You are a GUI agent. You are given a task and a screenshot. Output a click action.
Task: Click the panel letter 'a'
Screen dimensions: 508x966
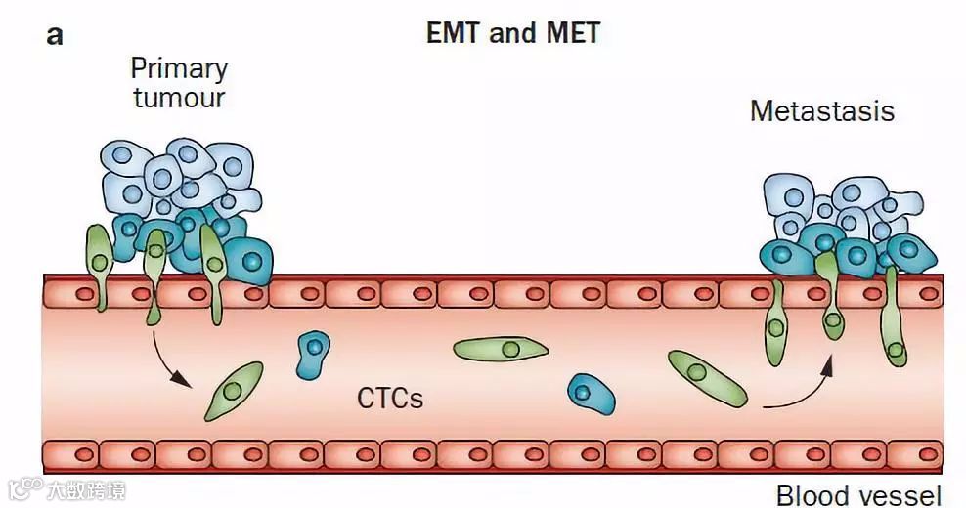55,36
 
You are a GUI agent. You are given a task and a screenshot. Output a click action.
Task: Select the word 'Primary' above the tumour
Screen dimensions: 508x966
179,69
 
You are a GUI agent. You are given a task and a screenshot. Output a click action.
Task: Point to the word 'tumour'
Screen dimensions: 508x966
179,98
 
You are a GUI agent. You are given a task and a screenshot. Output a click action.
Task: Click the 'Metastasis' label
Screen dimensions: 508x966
821,111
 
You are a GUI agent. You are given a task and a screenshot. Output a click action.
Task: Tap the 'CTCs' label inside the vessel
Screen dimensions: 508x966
390,398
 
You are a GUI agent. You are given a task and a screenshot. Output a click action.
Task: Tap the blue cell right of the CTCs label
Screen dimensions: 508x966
591,394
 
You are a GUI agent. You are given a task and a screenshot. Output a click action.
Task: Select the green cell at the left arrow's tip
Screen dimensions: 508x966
234,390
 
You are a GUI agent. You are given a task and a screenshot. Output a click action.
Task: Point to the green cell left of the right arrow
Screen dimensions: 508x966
707,378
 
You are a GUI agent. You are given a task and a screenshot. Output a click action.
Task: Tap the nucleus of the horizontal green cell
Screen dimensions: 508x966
509,348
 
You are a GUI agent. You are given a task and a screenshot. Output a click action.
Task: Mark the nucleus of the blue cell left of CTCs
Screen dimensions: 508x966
313,346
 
